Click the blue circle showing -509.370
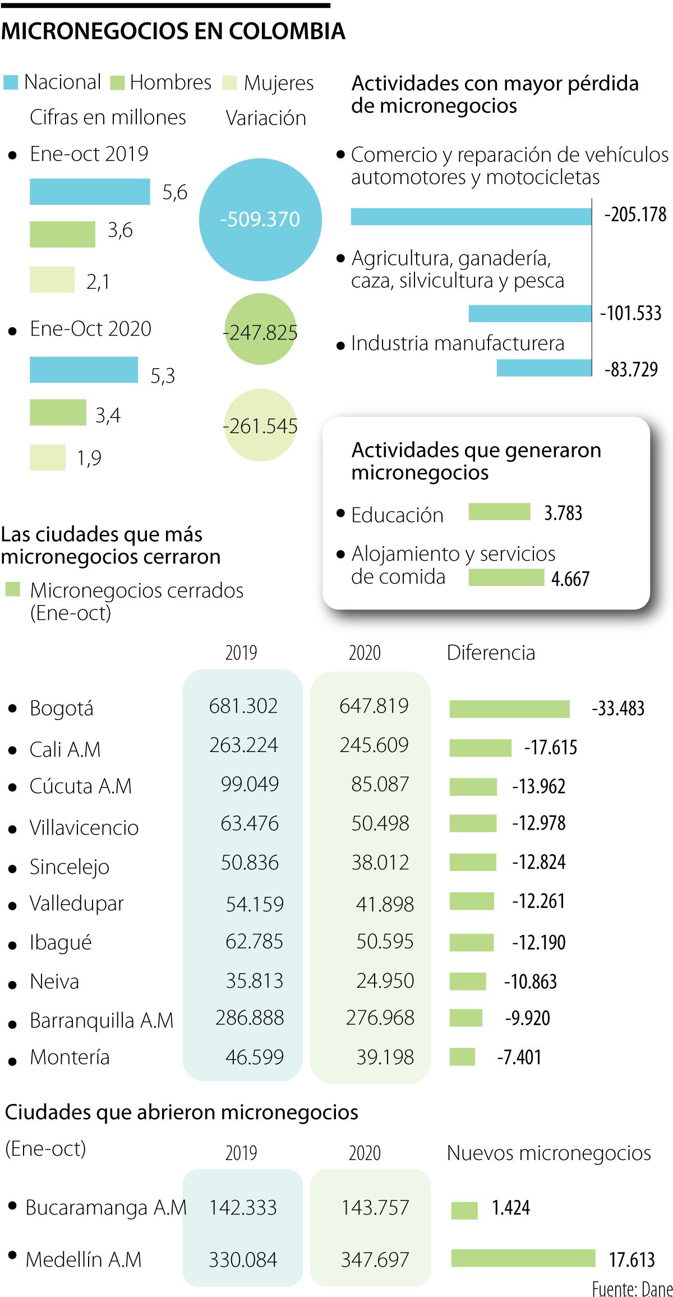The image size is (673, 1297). click(260, 219)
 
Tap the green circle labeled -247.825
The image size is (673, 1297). click(260, 329)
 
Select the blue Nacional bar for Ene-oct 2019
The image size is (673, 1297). click(90, 192)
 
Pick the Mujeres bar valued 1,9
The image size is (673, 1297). click(48, 457)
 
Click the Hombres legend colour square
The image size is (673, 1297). click(117, 83)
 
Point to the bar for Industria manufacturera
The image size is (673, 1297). click(544, 368)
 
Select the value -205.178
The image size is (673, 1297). click(635, 215)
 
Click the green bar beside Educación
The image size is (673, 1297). click(499, 512)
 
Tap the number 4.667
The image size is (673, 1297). click(570, 579)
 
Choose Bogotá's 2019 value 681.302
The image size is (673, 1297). click(243, 706)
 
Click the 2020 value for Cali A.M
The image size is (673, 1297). click(374, 745)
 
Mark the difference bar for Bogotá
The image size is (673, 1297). click(509, 709)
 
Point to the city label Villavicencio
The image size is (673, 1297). click(84, 828)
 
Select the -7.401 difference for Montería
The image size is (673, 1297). click(519, 1057)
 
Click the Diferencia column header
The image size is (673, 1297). click(491, 653)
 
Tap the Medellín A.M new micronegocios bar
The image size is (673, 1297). click(523, 1258)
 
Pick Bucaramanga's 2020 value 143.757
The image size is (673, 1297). click(375, 1207)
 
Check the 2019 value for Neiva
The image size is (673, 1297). click(255, 980)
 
